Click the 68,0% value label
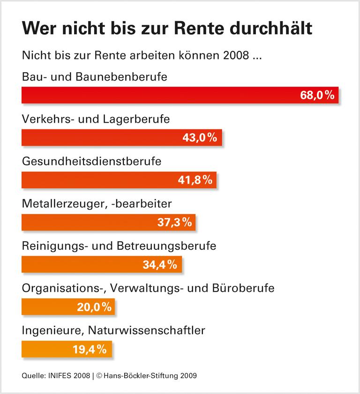tap(317, 95)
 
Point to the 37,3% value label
tap(174, 222)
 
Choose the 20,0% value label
tap(94, 307)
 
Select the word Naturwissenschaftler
tap(146, 330)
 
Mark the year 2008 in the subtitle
tap(232, 57)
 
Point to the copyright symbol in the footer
tap(100, 375)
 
